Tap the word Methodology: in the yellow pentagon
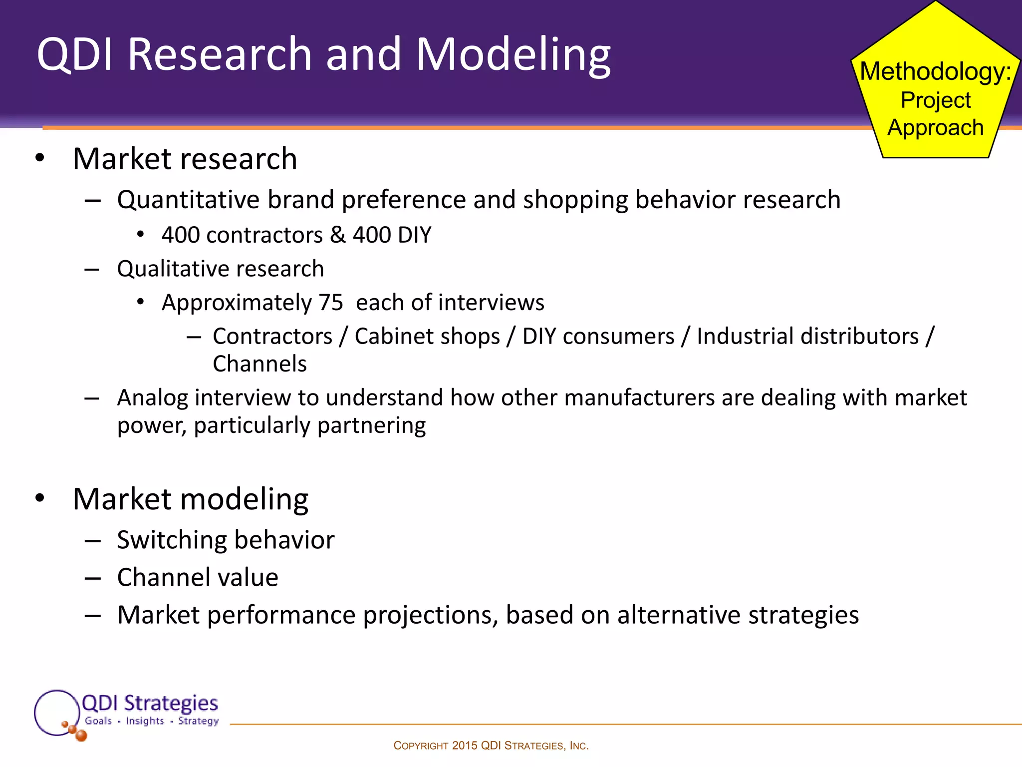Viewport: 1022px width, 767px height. click(x=935, y=71)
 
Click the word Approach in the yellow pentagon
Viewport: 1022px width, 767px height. click(x=935, y=128)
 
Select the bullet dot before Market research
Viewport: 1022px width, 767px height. click(x=40, y=158)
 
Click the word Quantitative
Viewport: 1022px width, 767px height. click(x=188, y=200)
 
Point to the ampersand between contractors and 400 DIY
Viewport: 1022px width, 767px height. click(x=338, y=235)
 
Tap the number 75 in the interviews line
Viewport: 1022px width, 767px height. click(x=331, y=303)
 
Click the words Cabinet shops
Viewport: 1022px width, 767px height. click(x=427, y=336)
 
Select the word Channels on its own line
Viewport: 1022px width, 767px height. click(x=259, y=364)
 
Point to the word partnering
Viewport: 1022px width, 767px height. click(x=371, y=425)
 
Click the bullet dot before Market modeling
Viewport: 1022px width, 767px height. click(x=40, y=498)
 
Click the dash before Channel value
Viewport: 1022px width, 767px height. click(x=93, y=578)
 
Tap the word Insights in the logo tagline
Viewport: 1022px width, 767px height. click(x=145, y=721)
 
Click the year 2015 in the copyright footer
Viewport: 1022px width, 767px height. click(x=465, y=746)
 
